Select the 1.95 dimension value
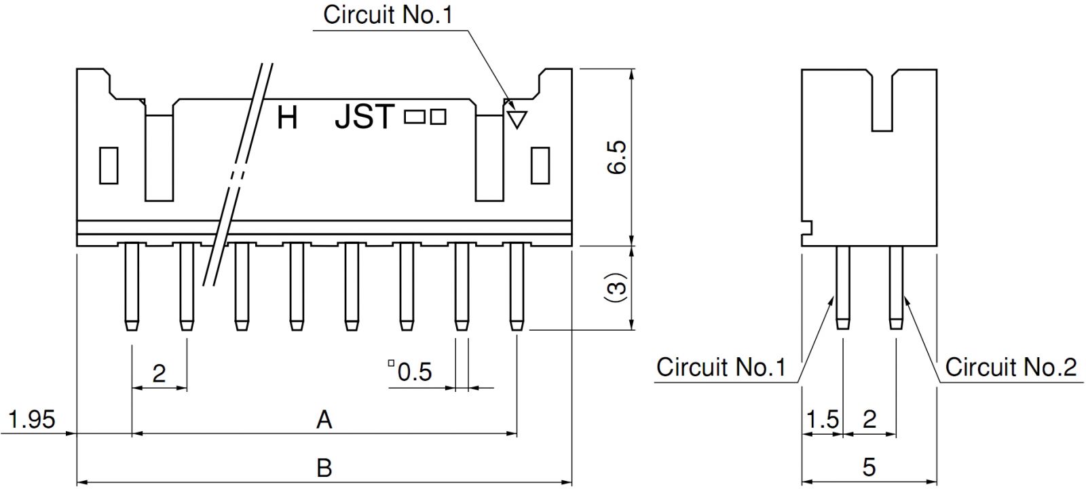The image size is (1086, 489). (x=32, y=419)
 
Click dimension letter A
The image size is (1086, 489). (x=324, y=419)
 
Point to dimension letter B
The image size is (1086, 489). (x=324, y=467)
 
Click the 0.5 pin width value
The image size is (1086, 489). (x=414, y=372)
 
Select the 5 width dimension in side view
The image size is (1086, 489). (x=869, y=467)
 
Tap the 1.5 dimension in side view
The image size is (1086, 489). (x=822, y=419)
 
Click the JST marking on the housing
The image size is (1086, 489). (x=364, y=117)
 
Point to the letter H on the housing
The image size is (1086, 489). (x=287, y=118)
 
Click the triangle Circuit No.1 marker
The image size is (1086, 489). (x=517, y=120)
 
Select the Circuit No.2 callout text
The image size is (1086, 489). (x=1011, y=367)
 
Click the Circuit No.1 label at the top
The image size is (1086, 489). (x=388, y=15)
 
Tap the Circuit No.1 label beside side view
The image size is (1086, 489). (x=721, y=367)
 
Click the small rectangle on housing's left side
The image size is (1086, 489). (x=109, y=165)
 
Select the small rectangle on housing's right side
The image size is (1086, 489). (x=540, y=165)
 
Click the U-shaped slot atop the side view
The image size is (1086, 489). (x=882, y=98)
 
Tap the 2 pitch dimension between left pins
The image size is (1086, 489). (x=159, y=373)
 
